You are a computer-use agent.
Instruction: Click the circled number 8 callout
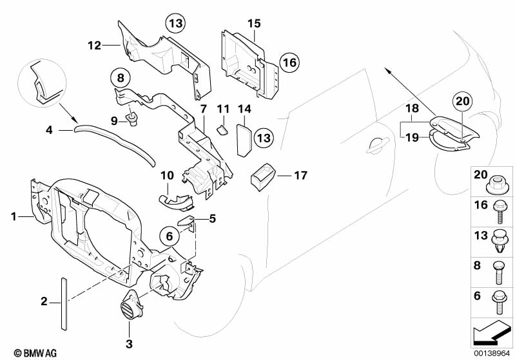pyautogui.click(x=121, y=78)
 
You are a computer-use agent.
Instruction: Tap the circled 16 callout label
pyautogui.click(x=289, y=62)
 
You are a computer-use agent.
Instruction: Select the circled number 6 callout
pyautogui.click(x=170, y=236)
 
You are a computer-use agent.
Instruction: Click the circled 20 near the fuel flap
pyautogui.click(x=462, y=101)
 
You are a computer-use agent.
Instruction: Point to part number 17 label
pyautogui.click(x=300, y=176)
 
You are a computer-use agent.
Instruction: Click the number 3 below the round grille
pyautogui.click(x=129, y=344)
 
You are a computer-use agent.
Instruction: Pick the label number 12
pyautogui.click(x=94, y=45)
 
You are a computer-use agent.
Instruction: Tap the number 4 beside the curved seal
pyautogui.click(x=49, y=130)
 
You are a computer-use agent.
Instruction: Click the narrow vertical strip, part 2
pyautogui.click(x=63, y=303)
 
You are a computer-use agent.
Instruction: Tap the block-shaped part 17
pyautogui.click(x=263, y=178)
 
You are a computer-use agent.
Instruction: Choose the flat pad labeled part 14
pyautogui.click(x=244, y=139)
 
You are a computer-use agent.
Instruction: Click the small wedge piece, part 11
pyautogui.click(x=222, y=129)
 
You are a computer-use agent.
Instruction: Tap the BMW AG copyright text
pyautogui.click(x=35, y=353)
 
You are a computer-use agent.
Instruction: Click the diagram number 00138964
pyautogui.click(x=491, y=354)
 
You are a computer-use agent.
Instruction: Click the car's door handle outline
pyautogui.click(x=381, y=146)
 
